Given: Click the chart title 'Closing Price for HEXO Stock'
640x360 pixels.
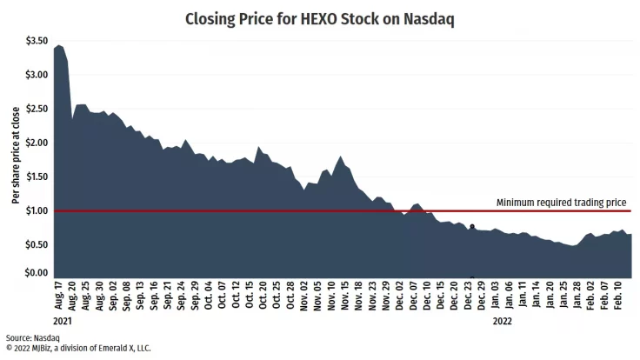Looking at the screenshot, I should point(319,18).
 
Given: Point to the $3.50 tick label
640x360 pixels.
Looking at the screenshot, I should point(37,41).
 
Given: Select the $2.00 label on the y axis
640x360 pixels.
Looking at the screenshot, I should point(37,143).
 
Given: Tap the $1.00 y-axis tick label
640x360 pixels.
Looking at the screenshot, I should point(37,210).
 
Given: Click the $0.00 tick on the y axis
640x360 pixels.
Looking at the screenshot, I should point(37,273).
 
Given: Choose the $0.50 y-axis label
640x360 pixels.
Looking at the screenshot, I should point(37,244).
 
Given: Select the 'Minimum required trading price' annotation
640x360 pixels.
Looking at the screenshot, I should point(561,203).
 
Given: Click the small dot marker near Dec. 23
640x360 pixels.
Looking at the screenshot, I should point(472,226).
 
